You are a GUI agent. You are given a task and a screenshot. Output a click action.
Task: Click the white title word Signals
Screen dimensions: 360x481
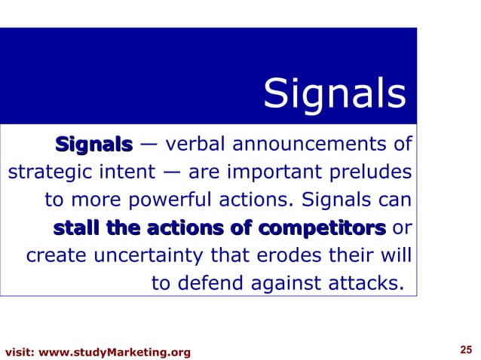coord(335,95)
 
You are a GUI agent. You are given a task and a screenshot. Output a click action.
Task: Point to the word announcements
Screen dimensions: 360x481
coord(313,143)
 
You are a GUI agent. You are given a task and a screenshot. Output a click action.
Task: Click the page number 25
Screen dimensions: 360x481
coord(465,349)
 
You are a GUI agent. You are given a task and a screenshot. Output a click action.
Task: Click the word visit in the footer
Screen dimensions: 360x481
coord(18,352)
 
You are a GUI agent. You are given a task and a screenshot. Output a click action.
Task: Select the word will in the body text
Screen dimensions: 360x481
coord(397,256)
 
